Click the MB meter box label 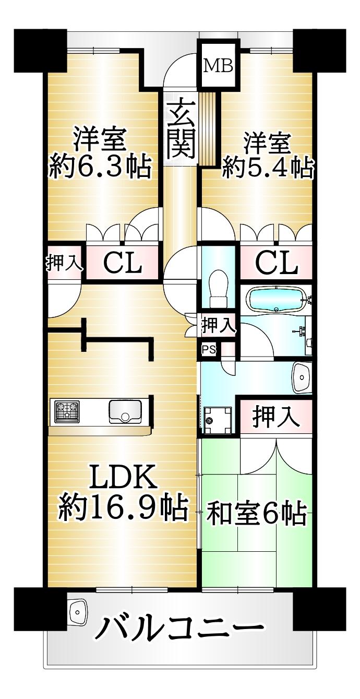click(x=218, y=66)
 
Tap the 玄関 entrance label click(x=181, y=127)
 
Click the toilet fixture click(x=219, y=289)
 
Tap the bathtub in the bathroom click(x=277, y=299)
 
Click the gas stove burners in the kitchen click(x=66, y=411)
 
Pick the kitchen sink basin click(x=125, y=411)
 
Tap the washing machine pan click(x=218, y=420)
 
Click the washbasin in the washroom click(x=302, y=377)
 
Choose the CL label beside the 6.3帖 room click(x=123, y=264)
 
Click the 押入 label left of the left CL click(x=65, y=263)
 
